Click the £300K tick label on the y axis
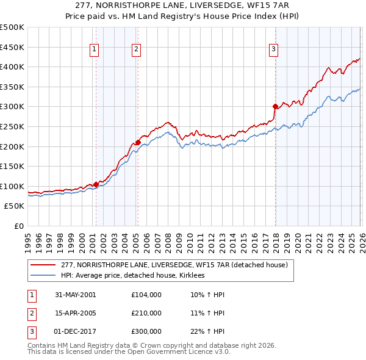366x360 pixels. click(12, 107)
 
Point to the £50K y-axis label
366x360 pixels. click(14, 206)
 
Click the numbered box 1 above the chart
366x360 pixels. click(95, 50)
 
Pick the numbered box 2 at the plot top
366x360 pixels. click(136, 50)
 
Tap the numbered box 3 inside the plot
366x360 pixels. click(274, 50)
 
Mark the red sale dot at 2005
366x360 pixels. click(138, 143)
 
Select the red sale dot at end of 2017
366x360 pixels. click(275, 106)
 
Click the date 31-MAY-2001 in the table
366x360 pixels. click(76, 295)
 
